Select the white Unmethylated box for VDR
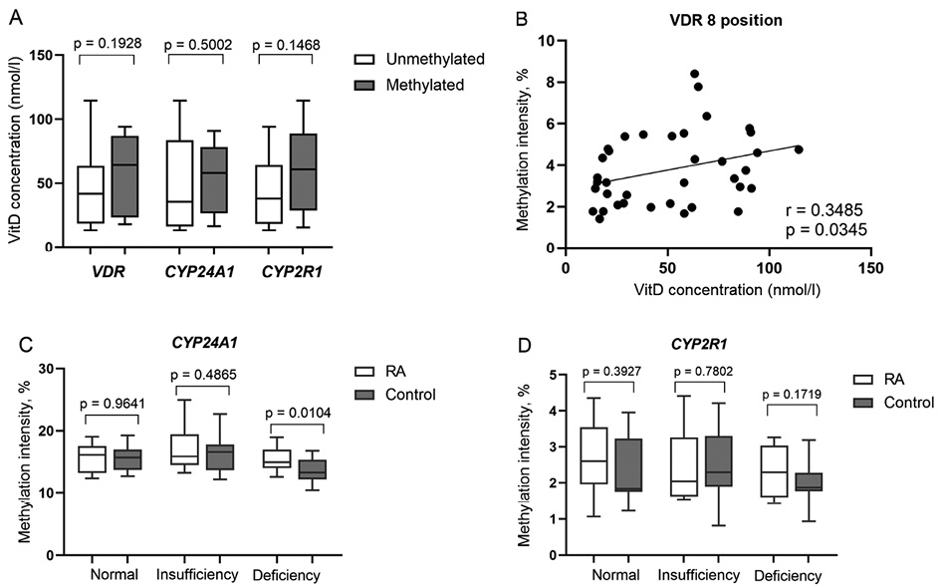point(90,194)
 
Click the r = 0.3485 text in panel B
point(821,211)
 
